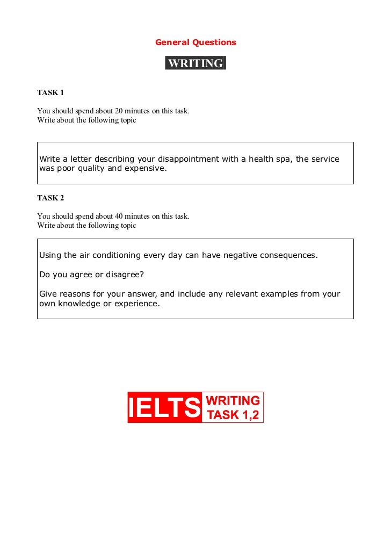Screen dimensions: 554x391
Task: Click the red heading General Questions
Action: (x=195, y=42)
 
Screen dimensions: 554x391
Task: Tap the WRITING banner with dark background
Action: (x=195, y=63)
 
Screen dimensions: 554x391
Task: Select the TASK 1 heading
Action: (x=50, y=93)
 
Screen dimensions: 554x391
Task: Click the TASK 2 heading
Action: (x=50, y=198)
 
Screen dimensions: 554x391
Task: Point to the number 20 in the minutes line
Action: (x=119, y=111)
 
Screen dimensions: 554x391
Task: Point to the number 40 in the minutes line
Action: (x=119, y=217)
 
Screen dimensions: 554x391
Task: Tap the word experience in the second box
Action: (x=140, y=304)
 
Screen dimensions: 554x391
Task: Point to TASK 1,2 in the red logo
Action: (x=233, y=415)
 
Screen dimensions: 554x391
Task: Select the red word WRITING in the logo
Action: (x=233, y=401)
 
